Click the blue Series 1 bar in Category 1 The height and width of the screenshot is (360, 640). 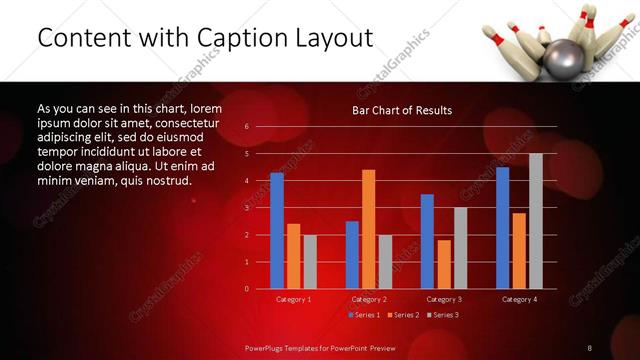277,231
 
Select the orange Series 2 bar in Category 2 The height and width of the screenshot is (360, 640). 368,229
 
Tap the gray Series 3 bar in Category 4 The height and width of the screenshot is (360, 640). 536,221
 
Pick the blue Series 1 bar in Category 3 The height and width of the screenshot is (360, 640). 427,241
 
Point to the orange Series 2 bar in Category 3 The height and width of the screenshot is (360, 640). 444,264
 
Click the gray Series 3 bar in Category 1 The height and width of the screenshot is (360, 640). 310,262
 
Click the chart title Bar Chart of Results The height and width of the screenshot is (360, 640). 402,110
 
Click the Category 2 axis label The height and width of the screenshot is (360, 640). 368,299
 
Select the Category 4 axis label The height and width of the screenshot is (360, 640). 519,299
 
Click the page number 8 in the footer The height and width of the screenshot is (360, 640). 590,347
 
